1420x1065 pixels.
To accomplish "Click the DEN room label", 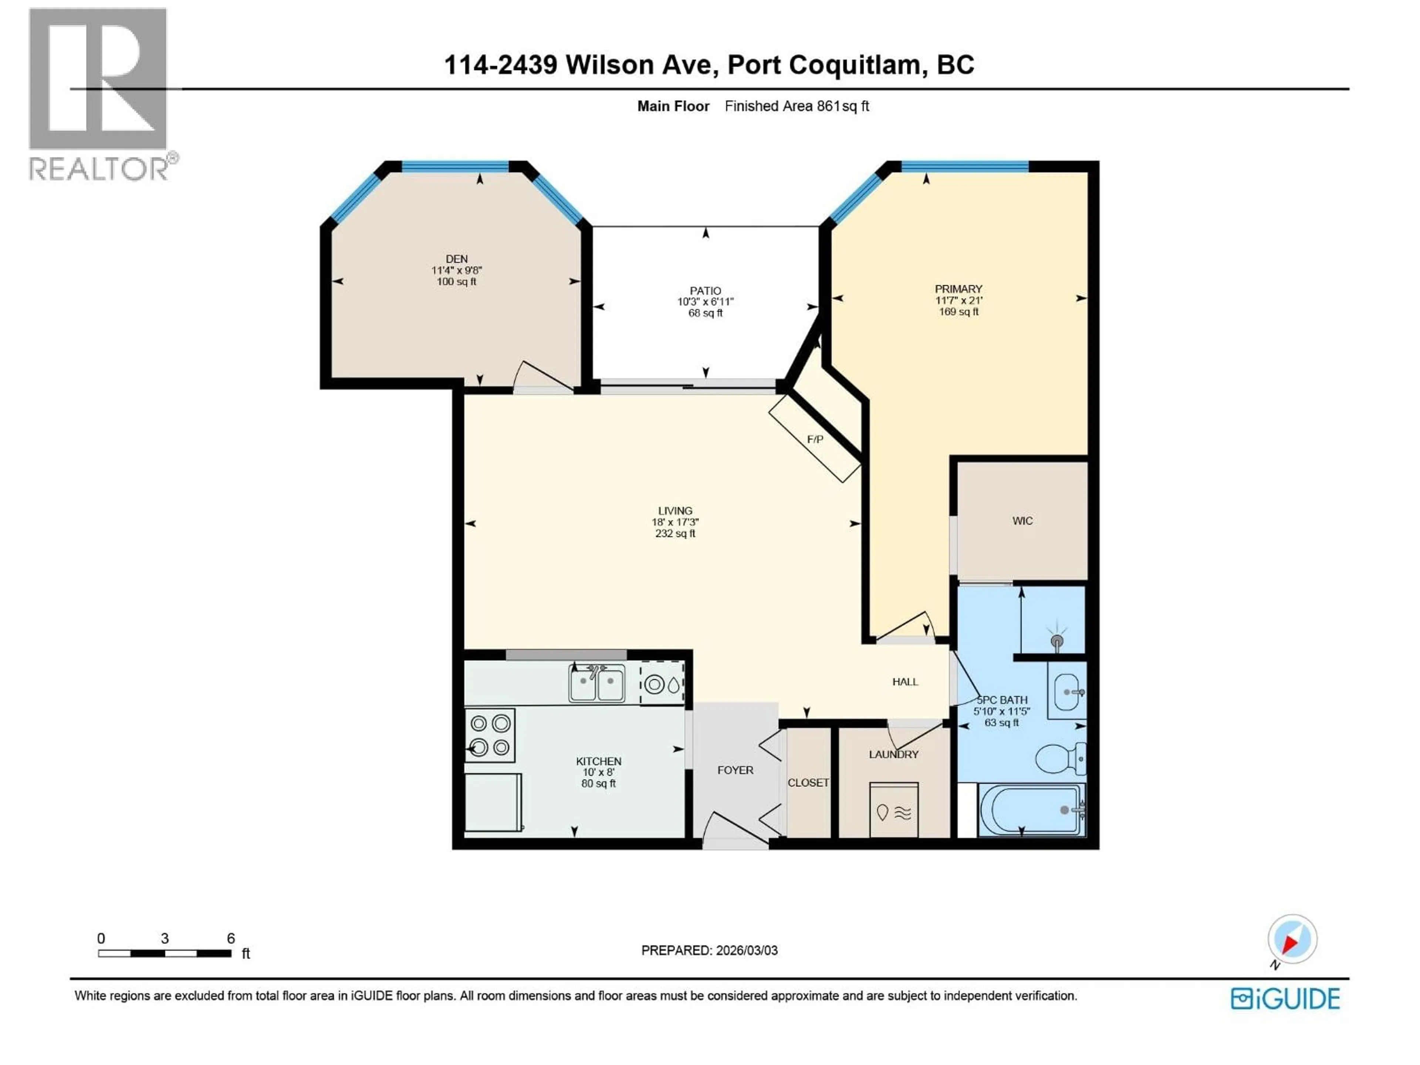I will click(x=456, y=259).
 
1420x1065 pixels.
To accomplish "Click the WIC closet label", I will click(x=1022, y=521).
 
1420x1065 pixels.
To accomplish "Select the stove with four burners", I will click(x=490, y=735).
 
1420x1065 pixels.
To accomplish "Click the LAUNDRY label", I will click(x=893, y=754).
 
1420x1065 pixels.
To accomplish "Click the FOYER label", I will click(x=735, y=770).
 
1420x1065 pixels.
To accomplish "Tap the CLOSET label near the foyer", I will click(x=808, y=782).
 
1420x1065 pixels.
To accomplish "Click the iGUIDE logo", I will click(x=1285, y=999).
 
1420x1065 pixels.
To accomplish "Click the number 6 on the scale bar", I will click(x=230, y=939).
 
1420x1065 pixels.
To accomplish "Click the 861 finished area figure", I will click(x=828, y=106).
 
